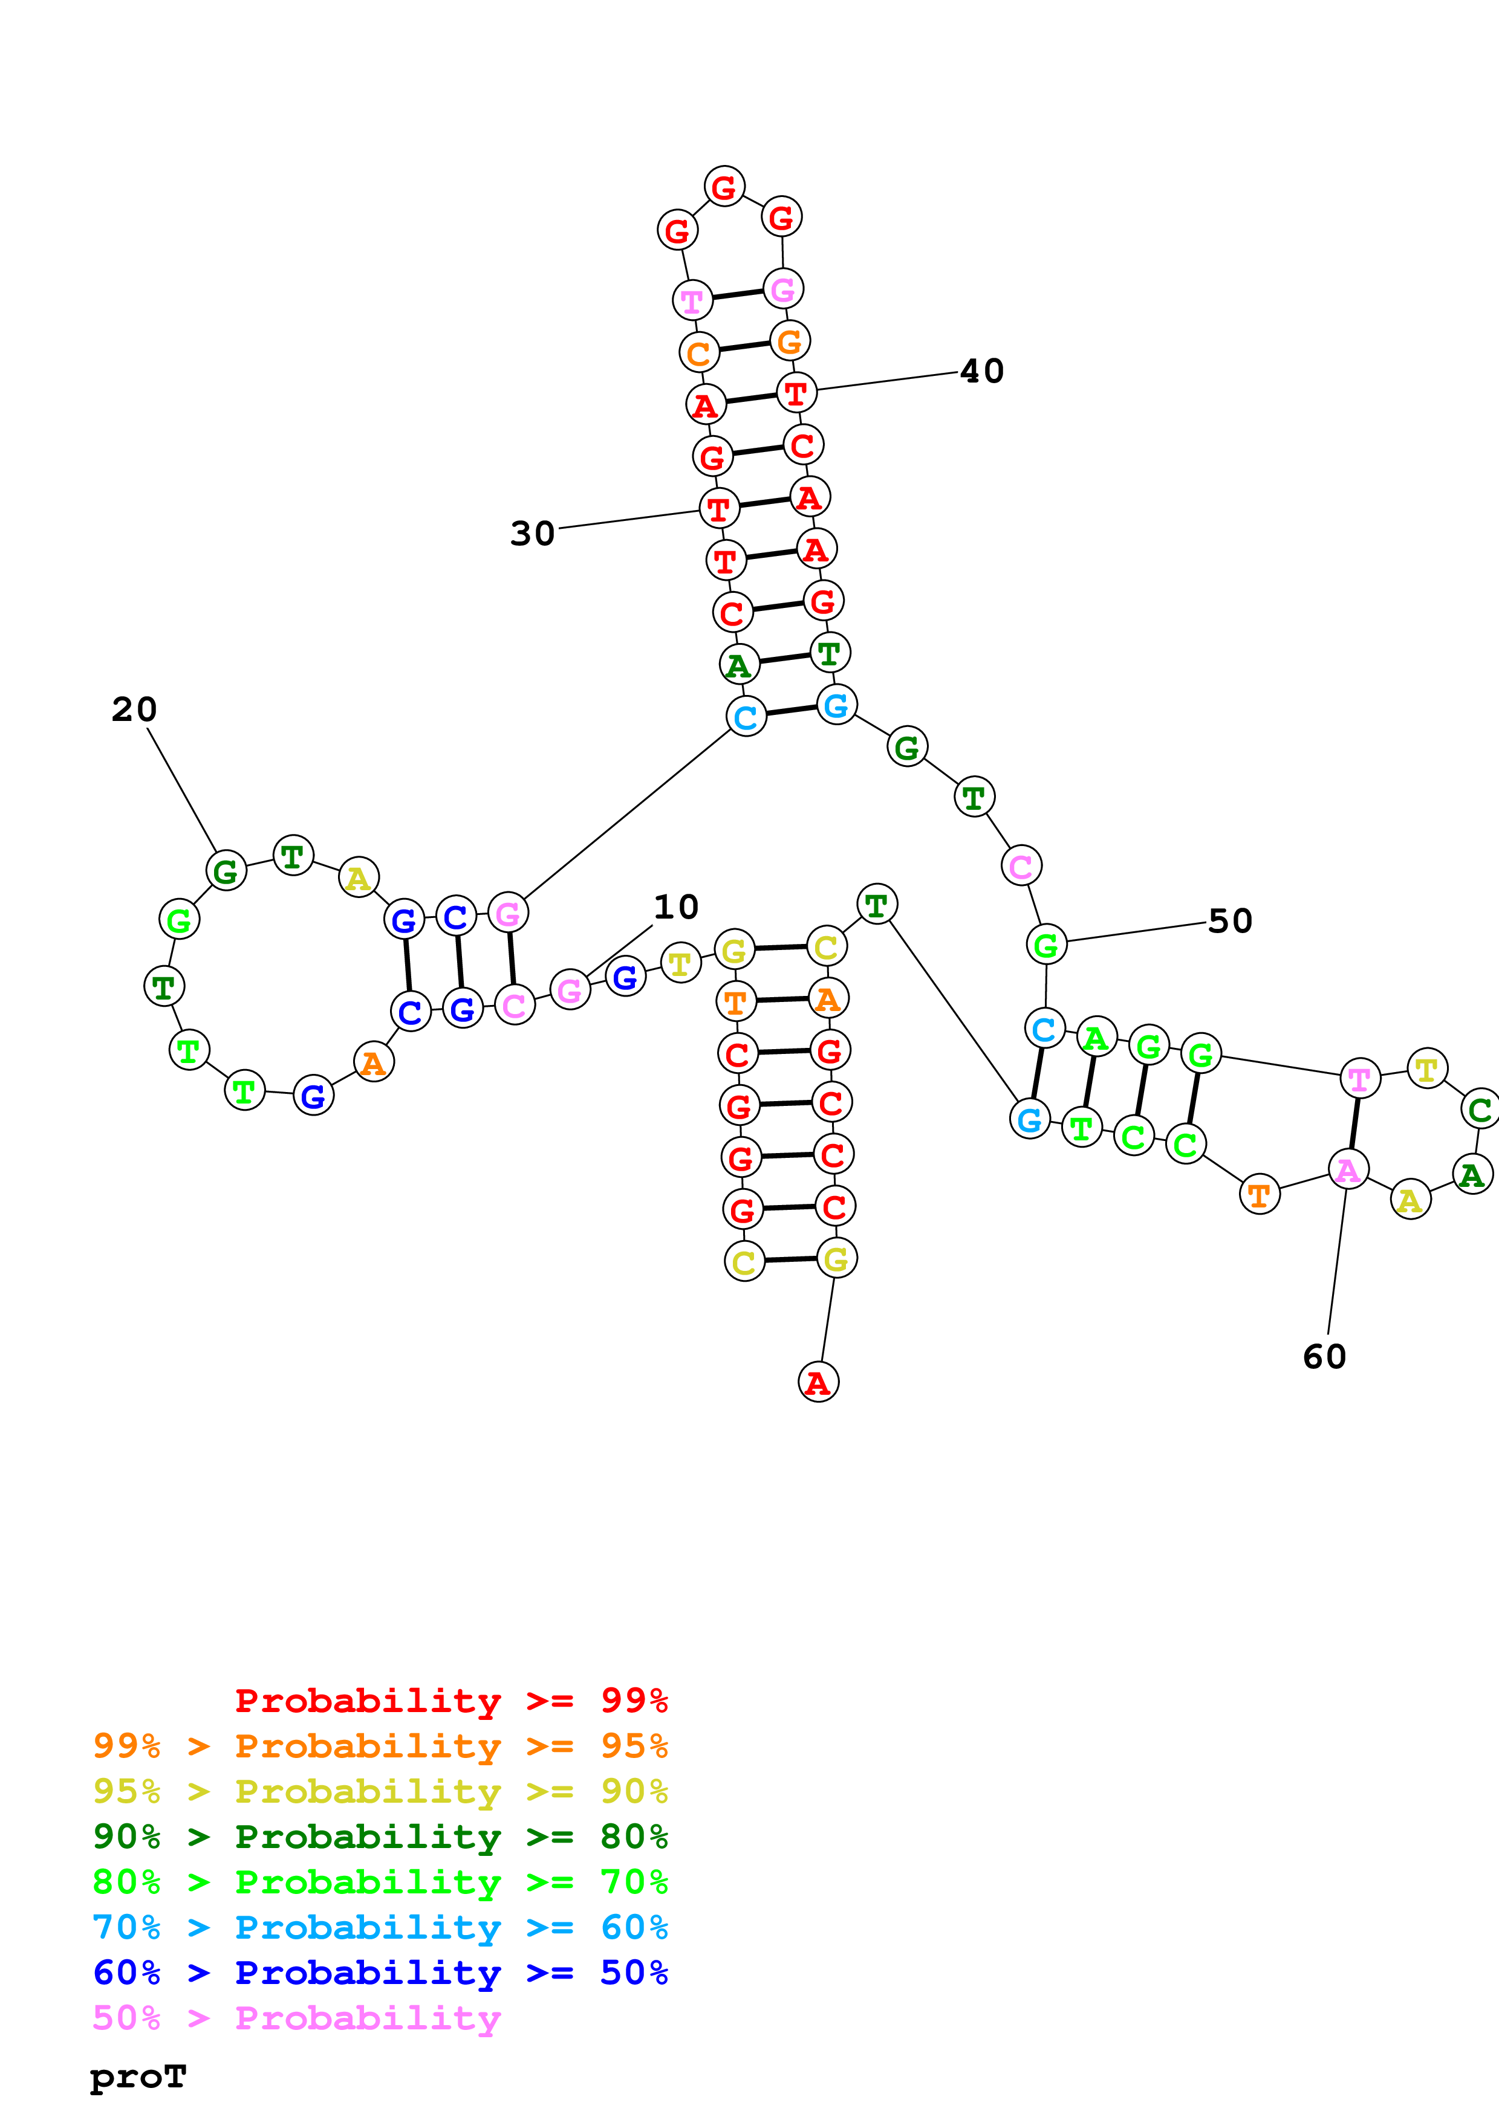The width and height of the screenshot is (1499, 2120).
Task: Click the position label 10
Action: click(x=675, y=908)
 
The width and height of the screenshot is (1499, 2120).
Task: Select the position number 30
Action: click(x=532, y=534)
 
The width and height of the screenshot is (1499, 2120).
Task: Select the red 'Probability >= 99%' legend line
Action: click(x=450, y=1701)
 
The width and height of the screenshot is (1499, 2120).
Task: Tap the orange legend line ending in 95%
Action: click(x=380, y=1746)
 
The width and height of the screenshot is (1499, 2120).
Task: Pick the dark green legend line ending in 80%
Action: click(x=380, y=1837)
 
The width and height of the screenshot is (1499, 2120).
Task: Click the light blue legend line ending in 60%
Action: click(x=380, y=1927)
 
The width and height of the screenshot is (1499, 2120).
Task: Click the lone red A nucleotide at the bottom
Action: click(x=818, y=1382)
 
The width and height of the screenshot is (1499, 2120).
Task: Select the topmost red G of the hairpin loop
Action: click(x=724, y=187)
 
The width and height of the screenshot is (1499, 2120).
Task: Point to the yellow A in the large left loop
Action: click(x=359, y=877)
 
